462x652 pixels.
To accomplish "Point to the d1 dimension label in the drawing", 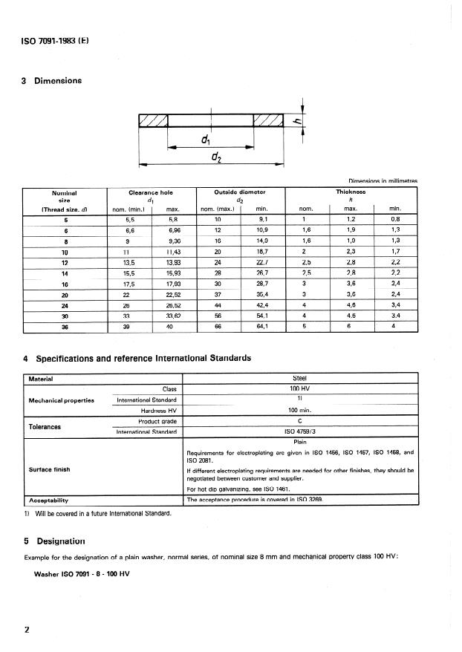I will coord(205,139).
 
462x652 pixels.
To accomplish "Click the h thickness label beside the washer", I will coord(295,123).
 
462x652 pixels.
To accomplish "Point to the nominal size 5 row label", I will coord(64,220).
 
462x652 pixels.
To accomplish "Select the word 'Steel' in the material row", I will coord(300,378).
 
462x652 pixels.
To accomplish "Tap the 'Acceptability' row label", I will coord(48,500).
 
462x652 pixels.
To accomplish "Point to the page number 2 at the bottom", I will coord(27,630).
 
